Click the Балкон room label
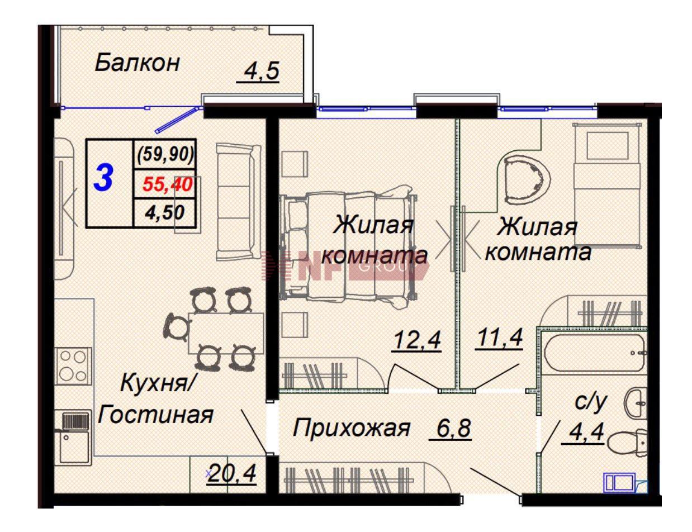pyautogui.click(x=137, y=63)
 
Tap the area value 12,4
pyautogui.click(x=416, y=339)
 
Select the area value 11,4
pyautogui.click(x=499, y=338)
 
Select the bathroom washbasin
pyautogui.click(x=637, y=401)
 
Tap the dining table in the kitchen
pyautogui.click(x=226, y=333)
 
